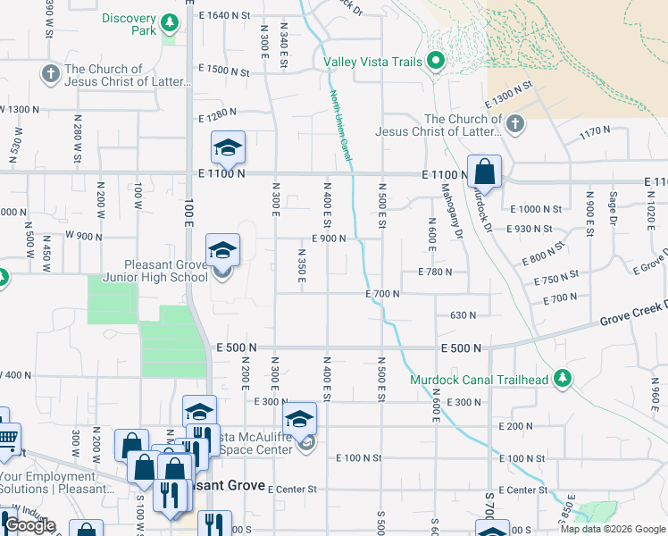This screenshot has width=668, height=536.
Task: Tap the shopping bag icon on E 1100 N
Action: coord(484,172)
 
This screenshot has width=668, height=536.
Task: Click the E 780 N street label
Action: coord(438,272)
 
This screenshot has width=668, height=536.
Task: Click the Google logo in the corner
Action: coord(29,526)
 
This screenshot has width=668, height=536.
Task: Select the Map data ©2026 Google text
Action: coord(612,529)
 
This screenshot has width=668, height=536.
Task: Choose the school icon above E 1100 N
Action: coord(228,147)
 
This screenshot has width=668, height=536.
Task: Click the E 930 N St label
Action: coord(536,229)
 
